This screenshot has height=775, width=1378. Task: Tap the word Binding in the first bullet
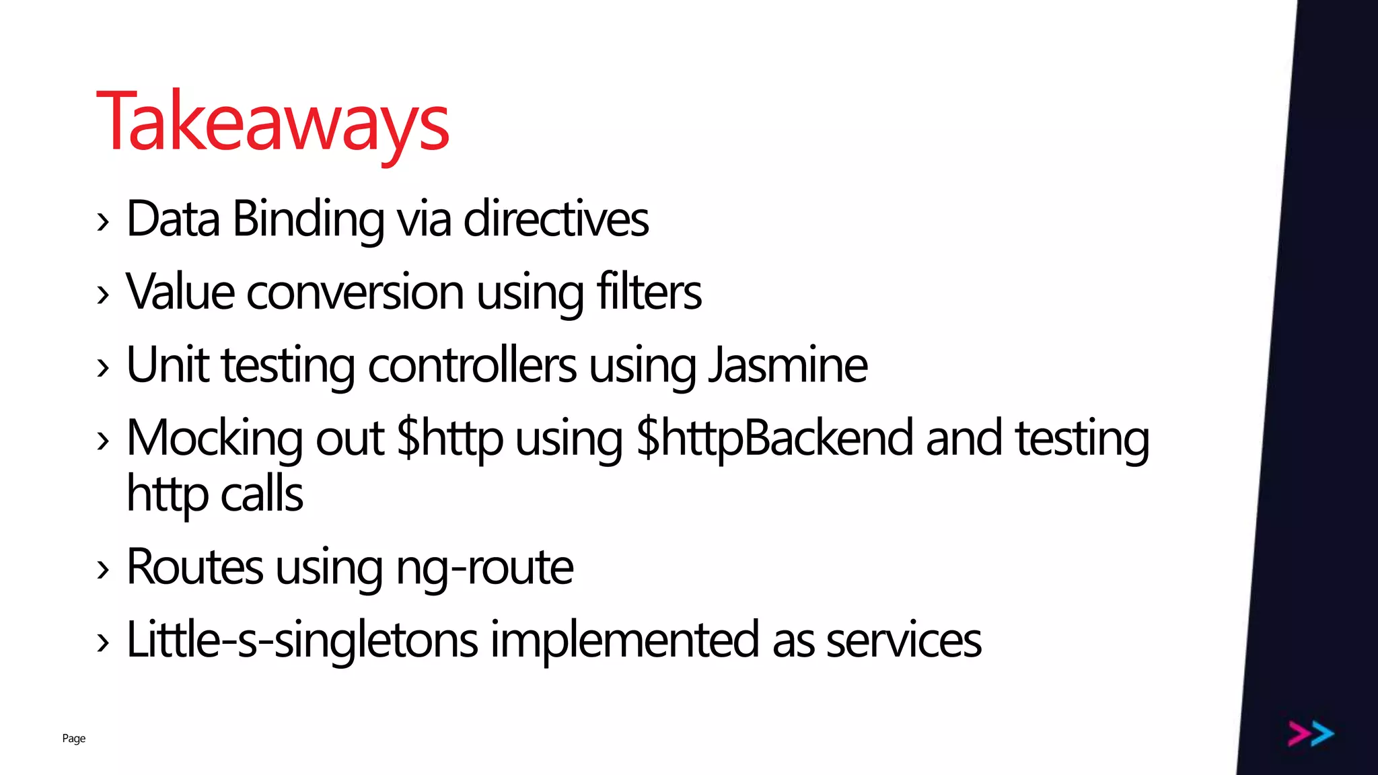[x=308, y=219]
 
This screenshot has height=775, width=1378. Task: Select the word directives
[x=556, y=219]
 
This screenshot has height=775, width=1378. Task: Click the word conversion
[x=355, y=293]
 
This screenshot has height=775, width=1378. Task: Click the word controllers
[x=472, y=365]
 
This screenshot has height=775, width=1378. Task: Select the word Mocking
[x=215, y=439]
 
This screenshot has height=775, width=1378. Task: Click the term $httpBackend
[x=774, y=439]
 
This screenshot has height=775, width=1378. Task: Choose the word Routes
[x=194, y=566]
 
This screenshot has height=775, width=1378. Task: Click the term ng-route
[x=484, y=568]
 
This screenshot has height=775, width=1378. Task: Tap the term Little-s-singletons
[x=302, y=640]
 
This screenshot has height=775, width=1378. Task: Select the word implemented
[x=625, y=640]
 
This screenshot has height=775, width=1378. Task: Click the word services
[x=904, y=640]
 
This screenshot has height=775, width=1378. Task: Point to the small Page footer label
[x=74, y=738]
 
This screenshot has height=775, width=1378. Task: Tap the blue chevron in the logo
[x=1322, y=733]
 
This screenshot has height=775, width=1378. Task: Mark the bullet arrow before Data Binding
[x=102, y=221]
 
